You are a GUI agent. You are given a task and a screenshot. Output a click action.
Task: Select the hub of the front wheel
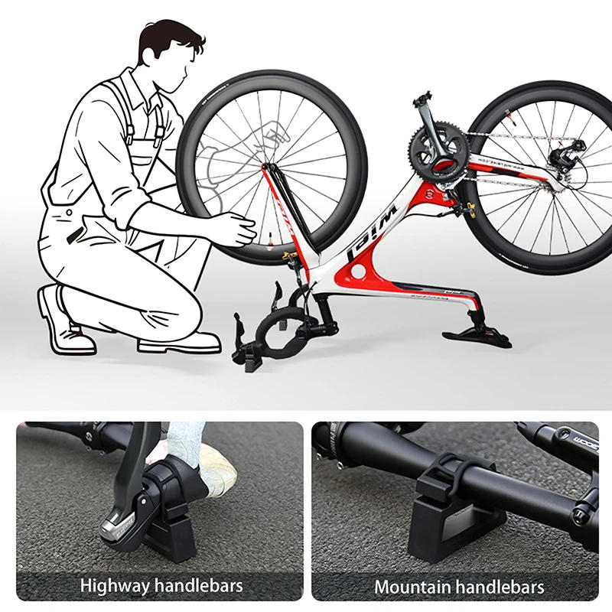[x=269, y=166]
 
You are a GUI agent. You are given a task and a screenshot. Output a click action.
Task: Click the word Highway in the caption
[x=116, y=587]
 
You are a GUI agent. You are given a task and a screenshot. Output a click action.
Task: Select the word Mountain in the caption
[x=412, y=587]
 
